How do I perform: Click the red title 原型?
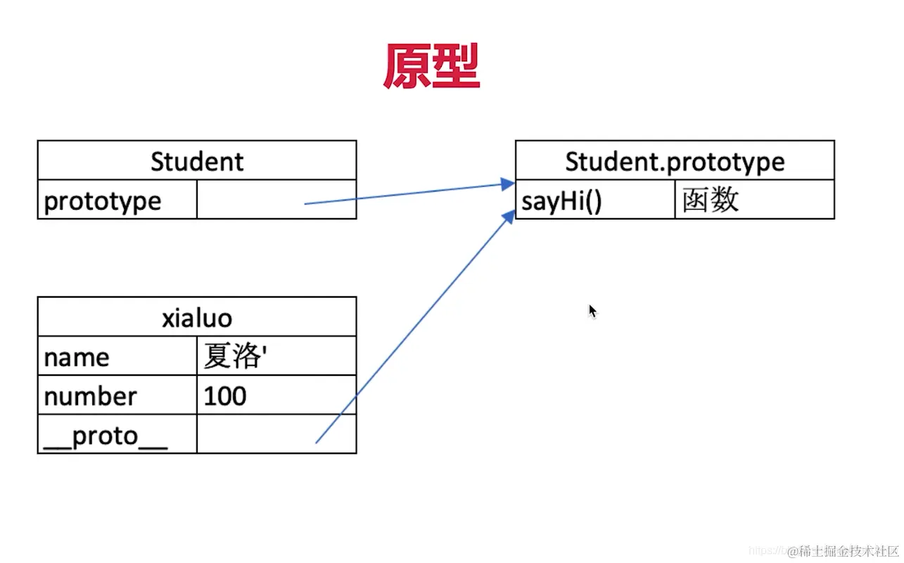431,67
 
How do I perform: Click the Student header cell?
197,161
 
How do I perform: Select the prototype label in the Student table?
103,201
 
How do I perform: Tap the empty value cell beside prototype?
276,200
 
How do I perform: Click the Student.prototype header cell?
675,161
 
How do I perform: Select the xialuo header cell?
197,317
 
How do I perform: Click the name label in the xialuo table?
77,357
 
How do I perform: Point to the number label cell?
90,396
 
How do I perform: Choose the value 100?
225,396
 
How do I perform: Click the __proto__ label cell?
106,436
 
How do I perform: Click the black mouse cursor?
592,311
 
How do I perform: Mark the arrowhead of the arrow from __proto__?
509,214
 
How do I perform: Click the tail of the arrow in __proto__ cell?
316,443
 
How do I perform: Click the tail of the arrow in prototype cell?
305,204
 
